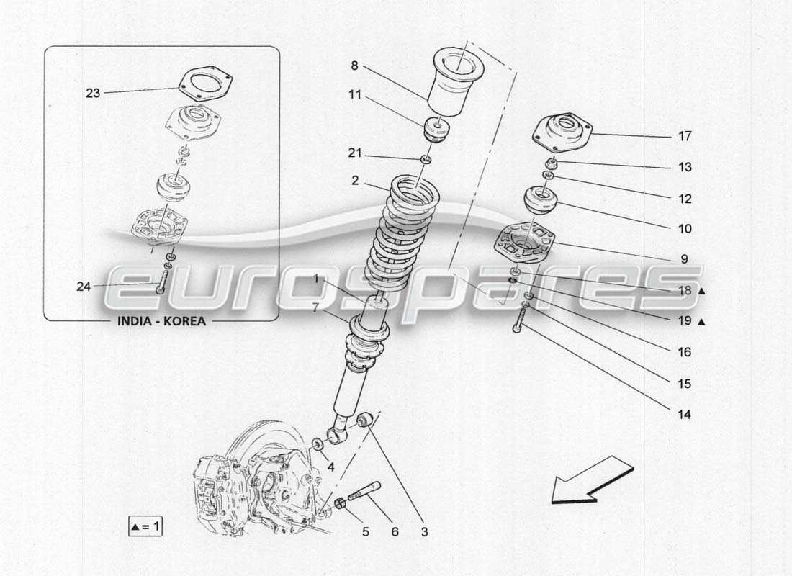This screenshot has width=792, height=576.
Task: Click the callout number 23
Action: pos(93,93)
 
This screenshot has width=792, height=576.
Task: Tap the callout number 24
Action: pos(84,287)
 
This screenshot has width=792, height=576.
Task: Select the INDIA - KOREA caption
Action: pos(161,321)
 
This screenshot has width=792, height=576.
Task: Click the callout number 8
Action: pos(354,66)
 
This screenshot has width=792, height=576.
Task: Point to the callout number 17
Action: pos(684,135)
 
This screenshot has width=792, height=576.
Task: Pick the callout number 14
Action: pos(683,414)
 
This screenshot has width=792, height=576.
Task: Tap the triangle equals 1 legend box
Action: pos(145,527)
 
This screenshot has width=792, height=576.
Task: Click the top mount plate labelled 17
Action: pos(562,132)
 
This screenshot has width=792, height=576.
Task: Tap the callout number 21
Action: pos(354,154)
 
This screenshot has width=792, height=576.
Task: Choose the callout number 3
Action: pos(424,532)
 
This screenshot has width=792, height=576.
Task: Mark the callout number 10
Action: pos(684,229)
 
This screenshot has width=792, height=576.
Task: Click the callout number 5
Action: pos(365,532)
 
